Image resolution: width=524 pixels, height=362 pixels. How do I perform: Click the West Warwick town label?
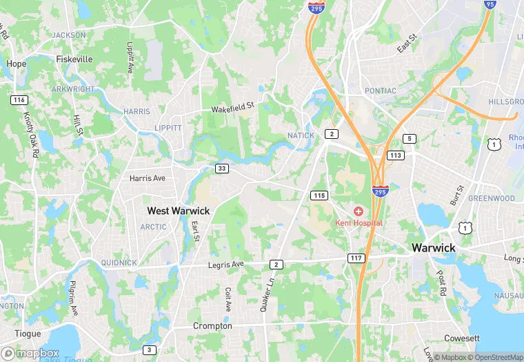pyautogui.click(x=179, y=210)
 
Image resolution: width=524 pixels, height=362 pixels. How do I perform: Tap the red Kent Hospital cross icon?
pyautogui.click(x=359, y=211)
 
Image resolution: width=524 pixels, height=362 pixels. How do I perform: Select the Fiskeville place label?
pyautogui.click(x=74, y=59)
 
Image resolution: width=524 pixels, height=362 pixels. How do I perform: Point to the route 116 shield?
pyautogui.click(x=19, y=100)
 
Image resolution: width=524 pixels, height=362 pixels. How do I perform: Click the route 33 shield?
pyautogui.click(x=221, y=168)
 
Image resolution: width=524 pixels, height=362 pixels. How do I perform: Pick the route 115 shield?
pyautogui.click(x=318, y=196)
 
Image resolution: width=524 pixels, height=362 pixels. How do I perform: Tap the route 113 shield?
pyautogui.click(x=394, y=155)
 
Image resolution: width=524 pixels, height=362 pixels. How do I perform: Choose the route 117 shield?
pyautogui.click(x=356, y=258)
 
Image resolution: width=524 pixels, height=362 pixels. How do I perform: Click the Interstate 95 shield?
pyautogui.click(x=490, y=4)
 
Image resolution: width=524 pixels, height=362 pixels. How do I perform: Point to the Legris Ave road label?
pyautogui.click(x=226, y=265)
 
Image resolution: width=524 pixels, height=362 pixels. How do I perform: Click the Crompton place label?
pyautogui.click(x=212, y=325)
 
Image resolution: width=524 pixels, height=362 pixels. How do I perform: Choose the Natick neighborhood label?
pyautogui.click(x=301, y=135)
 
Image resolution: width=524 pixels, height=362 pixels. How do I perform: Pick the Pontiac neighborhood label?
pyautogui.click(x=381, y=90)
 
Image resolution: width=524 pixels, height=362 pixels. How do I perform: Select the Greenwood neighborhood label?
pyautogui.click(x=492, y=198)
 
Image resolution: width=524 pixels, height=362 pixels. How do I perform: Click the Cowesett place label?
pyautogui.click(x=461, y=338)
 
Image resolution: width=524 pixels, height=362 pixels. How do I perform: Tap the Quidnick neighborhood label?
pyautogui.click(x=119, y=263)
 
